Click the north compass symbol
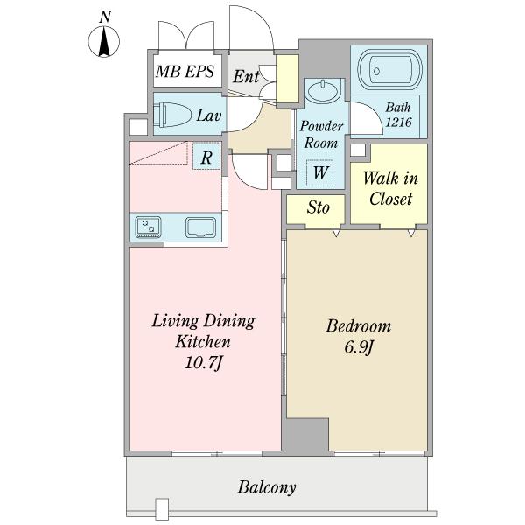click(104, 41)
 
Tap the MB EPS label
click(185, 72)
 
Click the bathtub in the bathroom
click(388, 70)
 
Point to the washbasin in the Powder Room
click(322, 90)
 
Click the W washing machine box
click(320, 172)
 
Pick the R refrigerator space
click(206, 156)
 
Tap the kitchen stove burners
click(148, 227)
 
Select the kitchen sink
click(201, 227)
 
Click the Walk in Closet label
click(390, 188)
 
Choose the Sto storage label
click(318, 206)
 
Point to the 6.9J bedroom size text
click(358, 347)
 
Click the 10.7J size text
click(203, 362)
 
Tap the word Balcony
click(267, 487)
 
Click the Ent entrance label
click(246, 76)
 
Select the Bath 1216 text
click(398, 115)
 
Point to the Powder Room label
click(321, 134)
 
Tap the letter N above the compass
click(105, 17)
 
